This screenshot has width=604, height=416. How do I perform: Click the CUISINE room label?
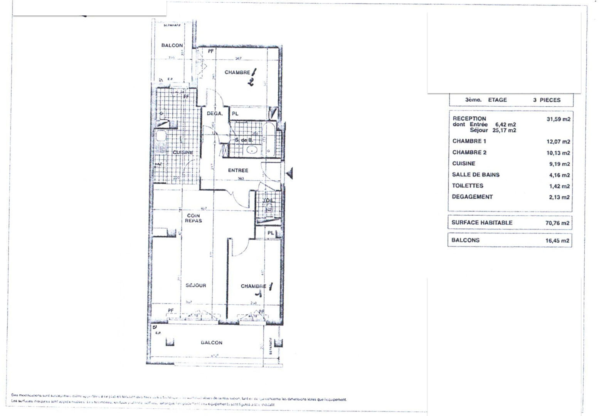(x=183, y=153)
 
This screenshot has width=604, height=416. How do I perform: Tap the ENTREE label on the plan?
(x=238, y=170)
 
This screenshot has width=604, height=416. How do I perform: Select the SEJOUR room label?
(x=196, y=285)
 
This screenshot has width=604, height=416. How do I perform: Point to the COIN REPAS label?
(x=193, y=218)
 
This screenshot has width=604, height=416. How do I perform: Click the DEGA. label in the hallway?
(x=214, y=114)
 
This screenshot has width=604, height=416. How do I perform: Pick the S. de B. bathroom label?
(x=244, y=140)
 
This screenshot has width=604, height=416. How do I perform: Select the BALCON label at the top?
(x=172, y=45)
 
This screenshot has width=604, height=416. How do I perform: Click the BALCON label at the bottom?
(x=212, y=342)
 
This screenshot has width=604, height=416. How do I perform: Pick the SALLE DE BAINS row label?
(x=476, y=175)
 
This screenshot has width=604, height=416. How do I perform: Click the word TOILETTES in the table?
(x=468, y=186)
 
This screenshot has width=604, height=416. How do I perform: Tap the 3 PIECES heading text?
(x=547, y=100)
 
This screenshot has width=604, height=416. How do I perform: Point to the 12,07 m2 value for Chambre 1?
(x=558, y=142)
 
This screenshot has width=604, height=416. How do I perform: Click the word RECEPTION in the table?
(x=469, y=119)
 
